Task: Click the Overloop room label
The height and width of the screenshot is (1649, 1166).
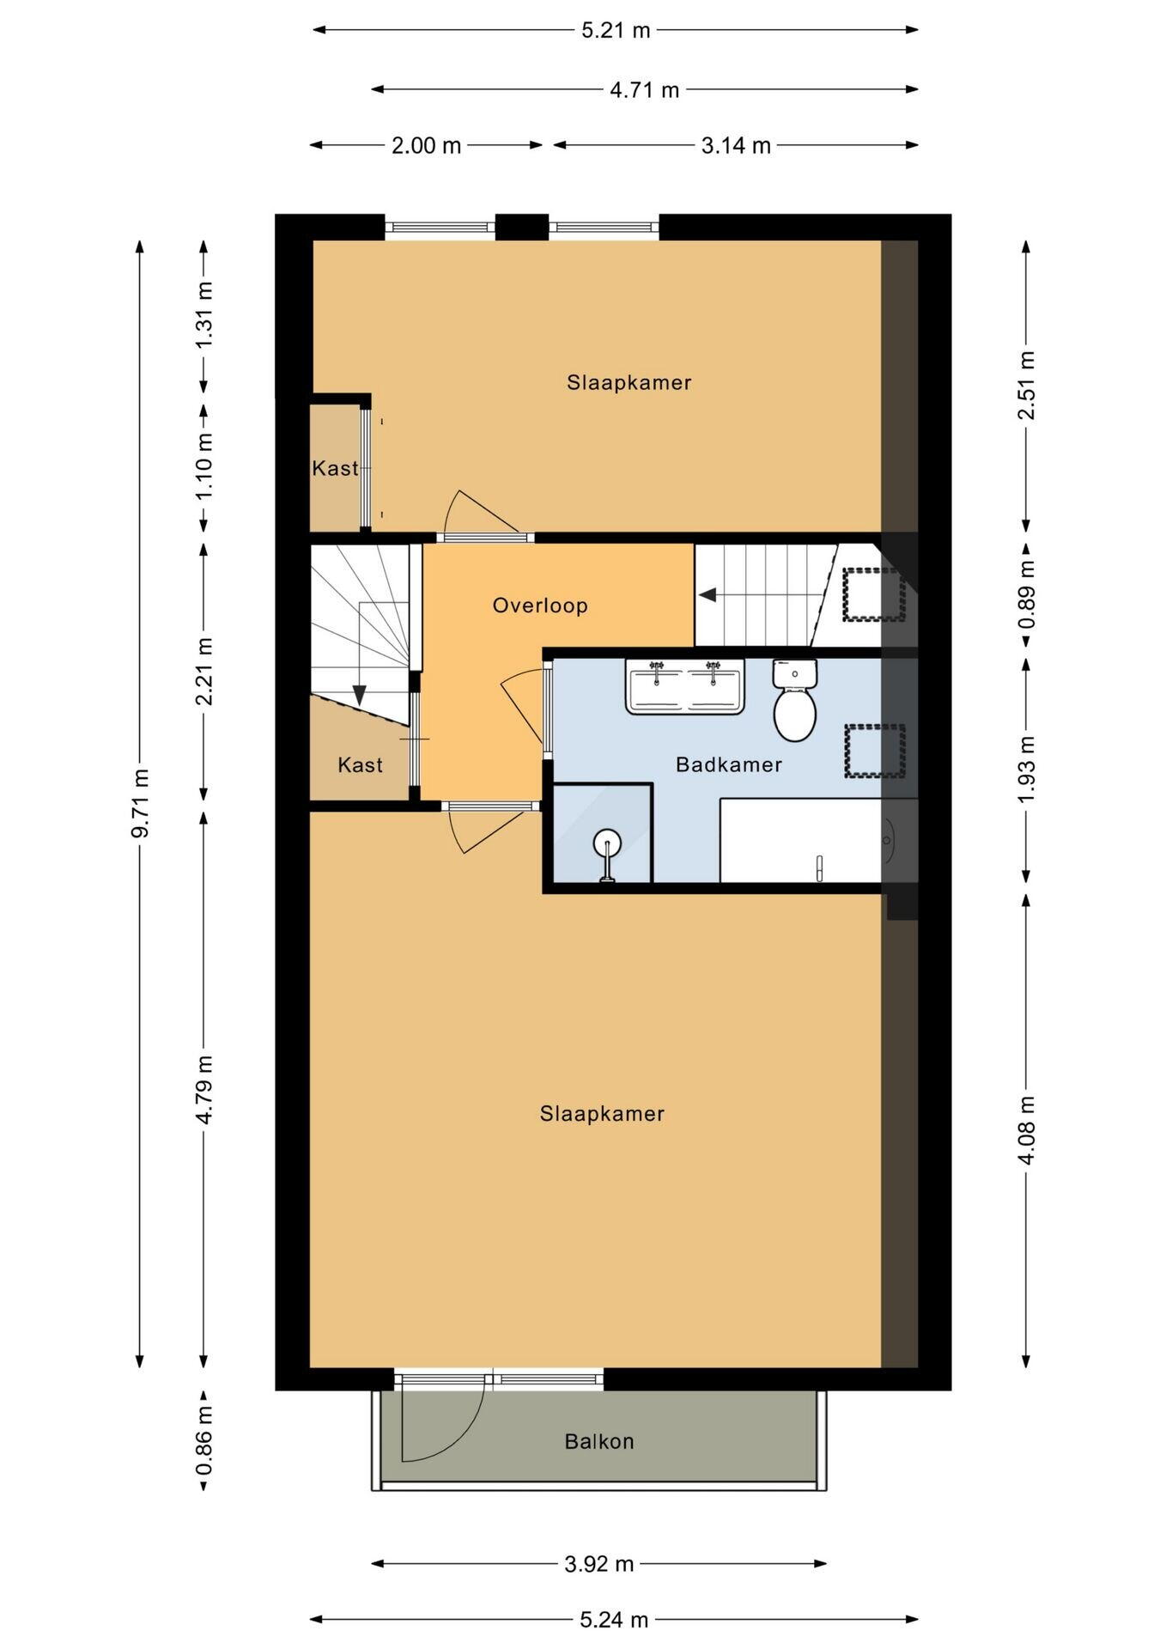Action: [x=540, y=605]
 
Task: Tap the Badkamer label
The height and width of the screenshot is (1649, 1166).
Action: [x=729, y=764]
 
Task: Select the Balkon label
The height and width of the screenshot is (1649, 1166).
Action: [x=599, y=1441]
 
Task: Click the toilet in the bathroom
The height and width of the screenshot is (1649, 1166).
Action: [x=794, y=701]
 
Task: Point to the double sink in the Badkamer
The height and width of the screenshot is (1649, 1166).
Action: [x=685, y=686]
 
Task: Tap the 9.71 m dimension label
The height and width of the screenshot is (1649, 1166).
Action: [x=140, y=803]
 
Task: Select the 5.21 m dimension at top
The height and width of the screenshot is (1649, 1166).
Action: [x=616, y=30]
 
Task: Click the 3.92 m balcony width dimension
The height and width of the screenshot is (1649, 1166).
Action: [x=599, y=1564]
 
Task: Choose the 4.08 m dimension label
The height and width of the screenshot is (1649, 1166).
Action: [x=1026, y=1129]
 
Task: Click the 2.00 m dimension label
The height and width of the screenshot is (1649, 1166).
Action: [x=427, y=145]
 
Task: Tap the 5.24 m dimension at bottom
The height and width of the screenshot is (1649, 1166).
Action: [x=615, y=1620]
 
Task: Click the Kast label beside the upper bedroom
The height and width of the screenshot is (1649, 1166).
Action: [x=335, y=468]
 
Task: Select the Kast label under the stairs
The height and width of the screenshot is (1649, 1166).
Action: [x=360, y=764]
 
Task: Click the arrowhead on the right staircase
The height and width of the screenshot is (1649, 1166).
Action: [x=707, y=594]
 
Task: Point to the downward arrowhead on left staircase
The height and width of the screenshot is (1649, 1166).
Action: [x=360, y=695]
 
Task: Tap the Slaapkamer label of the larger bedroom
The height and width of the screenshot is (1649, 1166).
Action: [x=602, y=1114]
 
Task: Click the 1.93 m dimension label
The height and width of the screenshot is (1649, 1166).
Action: [x=1026, y=770]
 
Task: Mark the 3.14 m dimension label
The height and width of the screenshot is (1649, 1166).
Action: [x=736, y=145]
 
